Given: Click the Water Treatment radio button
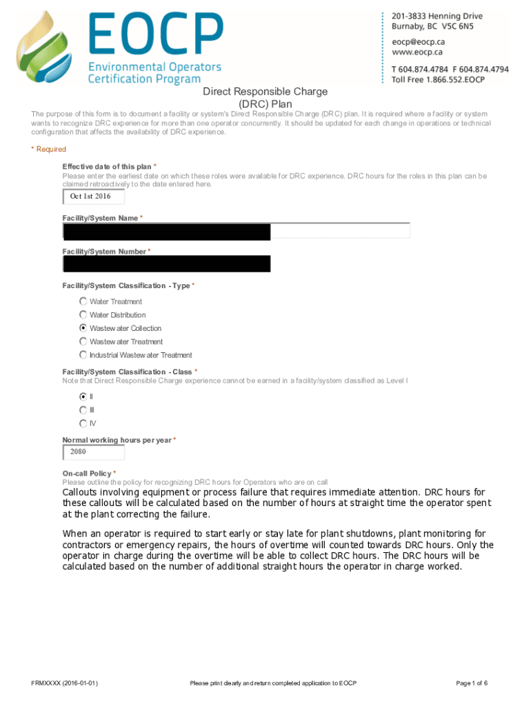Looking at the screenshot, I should pos(83,301).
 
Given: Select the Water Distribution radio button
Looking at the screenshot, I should pos(83,314).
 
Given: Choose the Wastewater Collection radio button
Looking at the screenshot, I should pos(83,328).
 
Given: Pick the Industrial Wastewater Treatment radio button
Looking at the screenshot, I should pos(83,355).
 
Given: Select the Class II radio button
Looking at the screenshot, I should pos(83,396).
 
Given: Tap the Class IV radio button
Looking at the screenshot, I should pos(83,423).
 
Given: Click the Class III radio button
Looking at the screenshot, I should pos(83,410).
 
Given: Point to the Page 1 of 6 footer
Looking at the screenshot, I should pos(472,683).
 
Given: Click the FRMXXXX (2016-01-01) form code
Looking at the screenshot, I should pos(64,683).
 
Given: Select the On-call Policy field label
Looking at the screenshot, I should pos(88,474).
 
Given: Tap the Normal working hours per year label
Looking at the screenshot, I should pos(117,440).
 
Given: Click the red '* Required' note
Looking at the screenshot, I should pos(49,149).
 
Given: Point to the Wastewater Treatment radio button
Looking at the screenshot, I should pos(83,341).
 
